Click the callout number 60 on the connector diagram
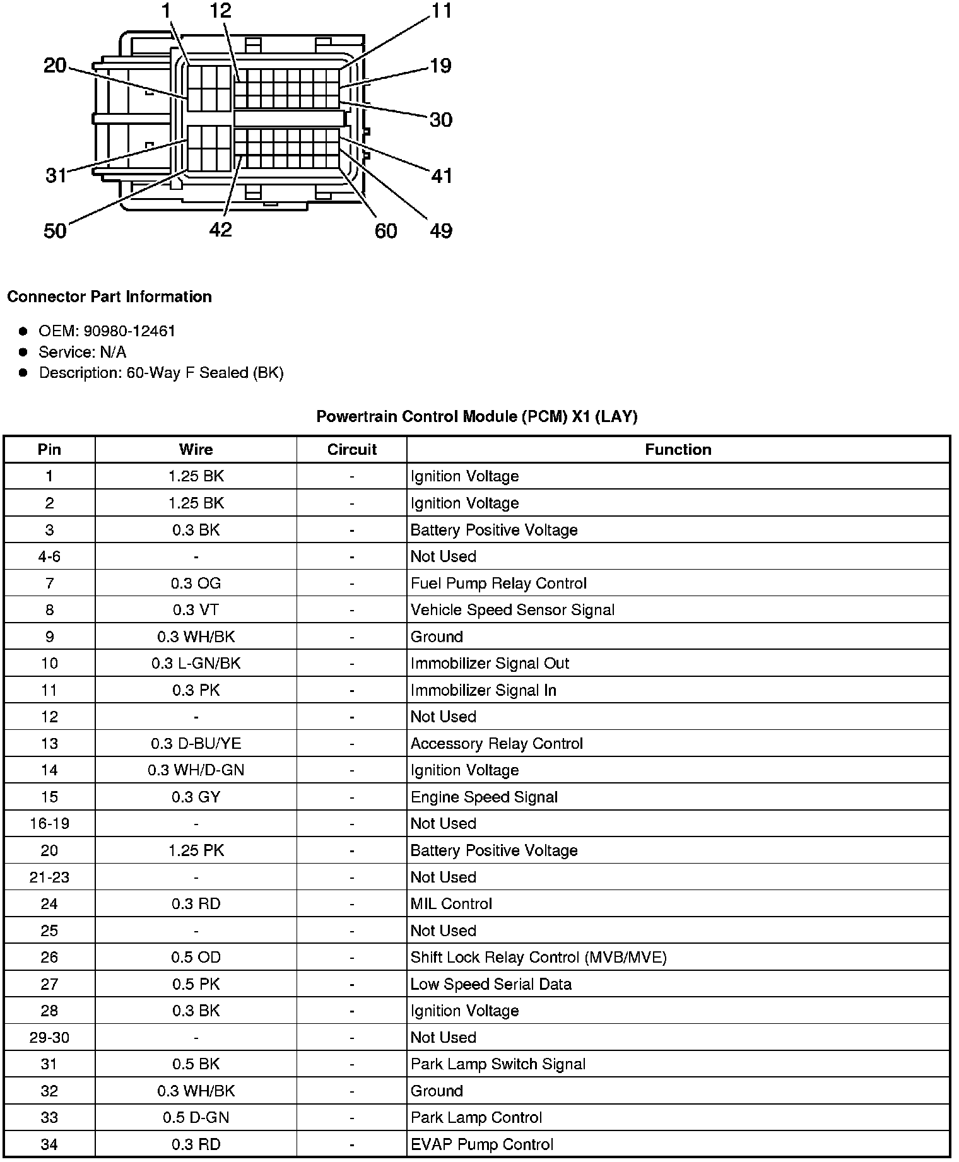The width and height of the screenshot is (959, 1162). tap(386, 231)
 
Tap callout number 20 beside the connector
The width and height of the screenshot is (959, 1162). tap(55, 65)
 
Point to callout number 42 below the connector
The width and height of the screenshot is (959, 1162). tap(220, 230)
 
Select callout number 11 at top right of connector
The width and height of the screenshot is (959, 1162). tap(442, 11)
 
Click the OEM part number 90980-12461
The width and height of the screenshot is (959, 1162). tap(129, 331)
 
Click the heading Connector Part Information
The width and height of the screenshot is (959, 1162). tap(109, 296)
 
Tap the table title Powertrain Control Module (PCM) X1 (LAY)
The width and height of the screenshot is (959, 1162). tap(476, 416)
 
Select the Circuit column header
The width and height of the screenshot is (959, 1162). tap(351, 449)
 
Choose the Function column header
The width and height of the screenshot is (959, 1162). tap(678, 449)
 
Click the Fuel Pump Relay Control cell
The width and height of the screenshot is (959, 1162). tap(498, 583)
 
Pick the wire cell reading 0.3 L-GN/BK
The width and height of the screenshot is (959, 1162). tap(196, 663)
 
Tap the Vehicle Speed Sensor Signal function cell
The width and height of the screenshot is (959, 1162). tap(512, 610)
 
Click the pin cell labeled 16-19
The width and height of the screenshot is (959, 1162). tap(49, 823)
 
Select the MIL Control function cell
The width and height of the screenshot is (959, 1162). tap(451, 903)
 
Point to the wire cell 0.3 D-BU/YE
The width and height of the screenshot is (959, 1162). tap(196, 743)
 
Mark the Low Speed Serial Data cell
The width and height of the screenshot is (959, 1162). tap(491, 983)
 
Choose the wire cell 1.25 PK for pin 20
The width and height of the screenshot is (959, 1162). tap(196, 850)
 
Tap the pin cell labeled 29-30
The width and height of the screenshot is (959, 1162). tap(49, 1037)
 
